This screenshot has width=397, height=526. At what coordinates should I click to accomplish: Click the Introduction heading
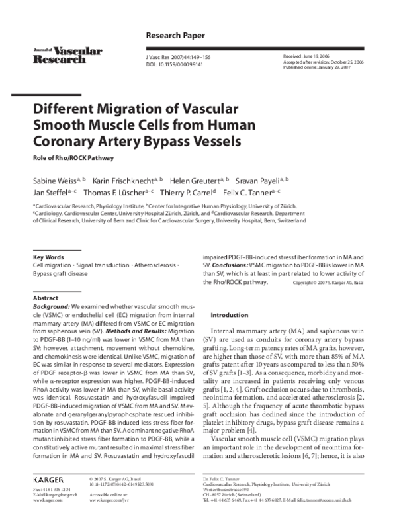(x=229, y=315)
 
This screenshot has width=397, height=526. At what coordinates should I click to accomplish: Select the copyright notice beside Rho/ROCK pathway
(x=328, y=283)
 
